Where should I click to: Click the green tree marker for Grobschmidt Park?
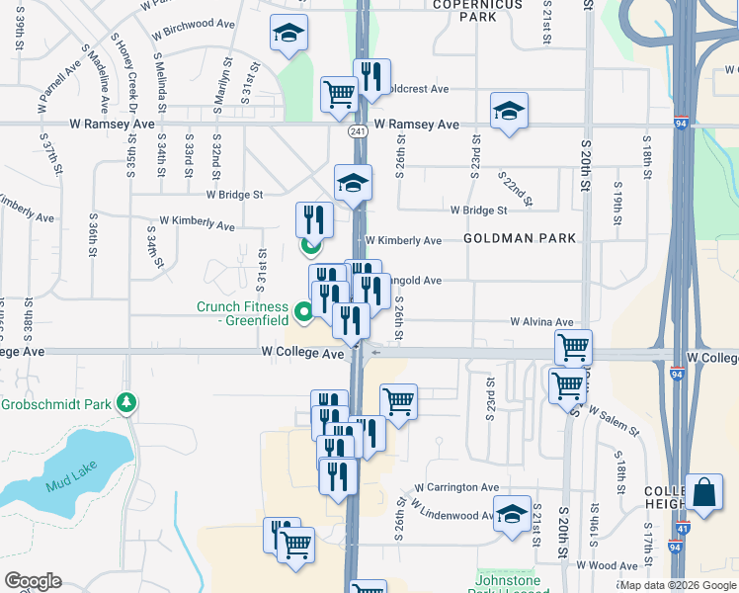click(x=125, y=402)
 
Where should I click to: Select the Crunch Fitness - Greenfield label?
click(x=242, y=313)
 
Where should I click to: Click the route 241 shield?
click(x=358, y=131)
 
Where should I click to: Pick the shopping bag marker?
click(x=702, y=493)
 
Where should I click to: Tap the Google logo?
click(x=33, y=581)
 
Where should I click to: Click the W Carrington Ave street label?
click(x=456, y=487)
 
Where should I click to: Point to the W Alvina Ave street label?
click(x=541, y=322)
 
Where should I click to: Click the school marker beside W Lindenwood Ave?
click(x=512, y=515)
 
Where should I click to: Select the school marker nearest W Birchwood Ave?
click(x=287, y=35)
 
